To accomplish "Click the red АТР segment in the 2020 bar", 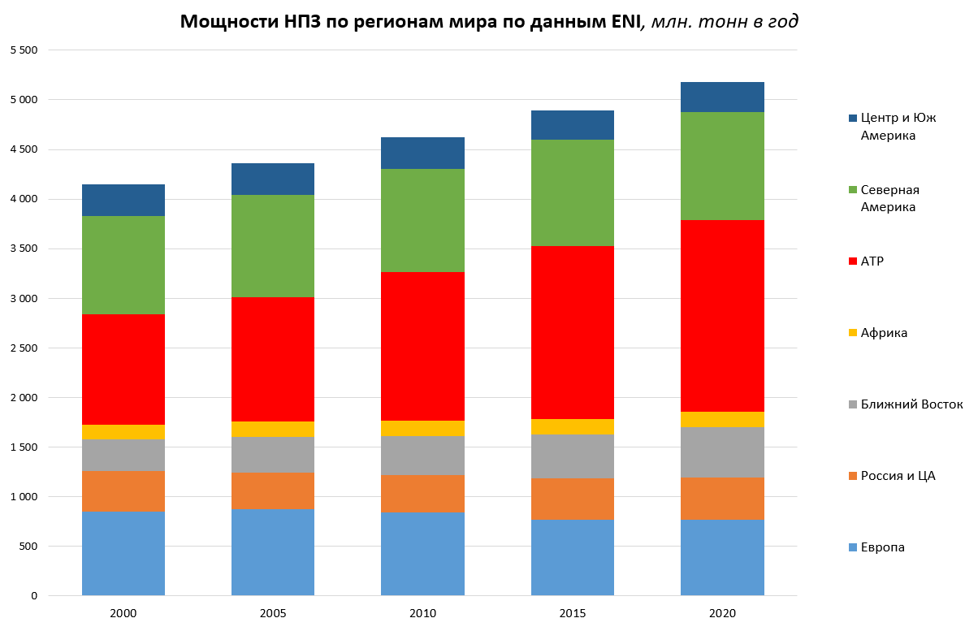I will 722,316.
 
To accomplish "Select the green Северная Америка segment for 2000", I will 123,265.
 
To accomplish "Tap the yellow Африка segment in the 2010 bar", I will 422,428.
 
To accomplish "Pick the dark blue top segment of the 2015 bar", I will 573,125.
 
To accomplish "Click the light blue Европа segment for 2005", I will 273,552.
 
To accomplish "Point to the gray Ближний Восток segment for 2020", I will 722,452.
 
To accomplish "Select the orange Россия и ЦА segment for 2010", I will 422,494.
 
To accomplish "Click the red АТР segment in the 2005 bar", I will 273,359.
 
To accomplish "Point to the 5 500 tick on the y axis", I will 24,50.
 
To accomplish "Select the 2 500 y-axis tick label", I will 24,348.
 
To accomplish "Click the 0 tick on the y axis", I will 34,596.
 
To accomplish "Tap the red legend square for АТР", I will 852,261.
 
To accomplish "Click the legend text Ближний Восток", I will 911,404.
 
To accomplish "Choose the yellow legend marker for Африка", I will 852,333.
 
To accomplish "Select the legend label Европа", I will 883,547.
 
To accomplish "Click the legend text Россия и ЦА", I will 898,476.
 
